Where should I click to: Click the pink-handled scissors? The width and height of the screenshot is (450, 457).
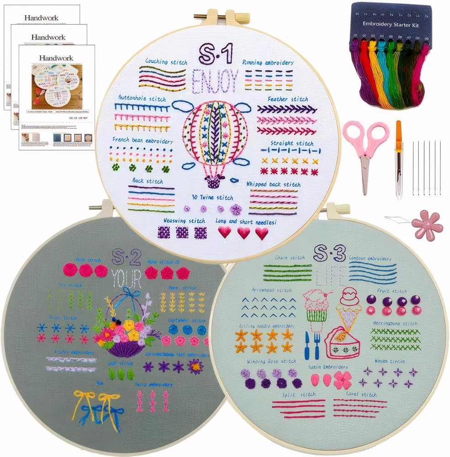(365, 151)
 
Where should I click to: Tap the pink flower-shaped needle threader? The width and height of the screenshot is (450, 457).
(427, 225)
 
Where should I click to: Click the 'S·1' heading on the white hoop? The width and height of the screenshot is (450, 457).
(216, 54)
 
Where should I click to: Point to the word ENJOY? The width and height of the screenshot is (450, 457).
(215, 80)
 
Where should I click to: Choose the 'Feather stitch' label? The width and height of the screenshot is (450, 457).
(288, 99)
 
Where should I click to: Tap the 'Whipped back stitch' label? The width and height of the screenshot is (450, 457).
(273, 184)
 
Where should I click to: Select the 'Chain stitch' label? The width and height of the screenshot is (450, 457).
(290, 258)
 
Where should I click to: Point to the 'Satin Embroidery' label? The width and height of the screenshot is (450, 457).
(329, 367)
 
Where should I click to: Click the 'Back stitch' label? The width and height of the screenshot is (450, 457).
(147, 181)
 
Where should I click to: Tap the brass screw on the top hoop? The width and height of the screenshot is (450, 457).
(204, 16)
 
